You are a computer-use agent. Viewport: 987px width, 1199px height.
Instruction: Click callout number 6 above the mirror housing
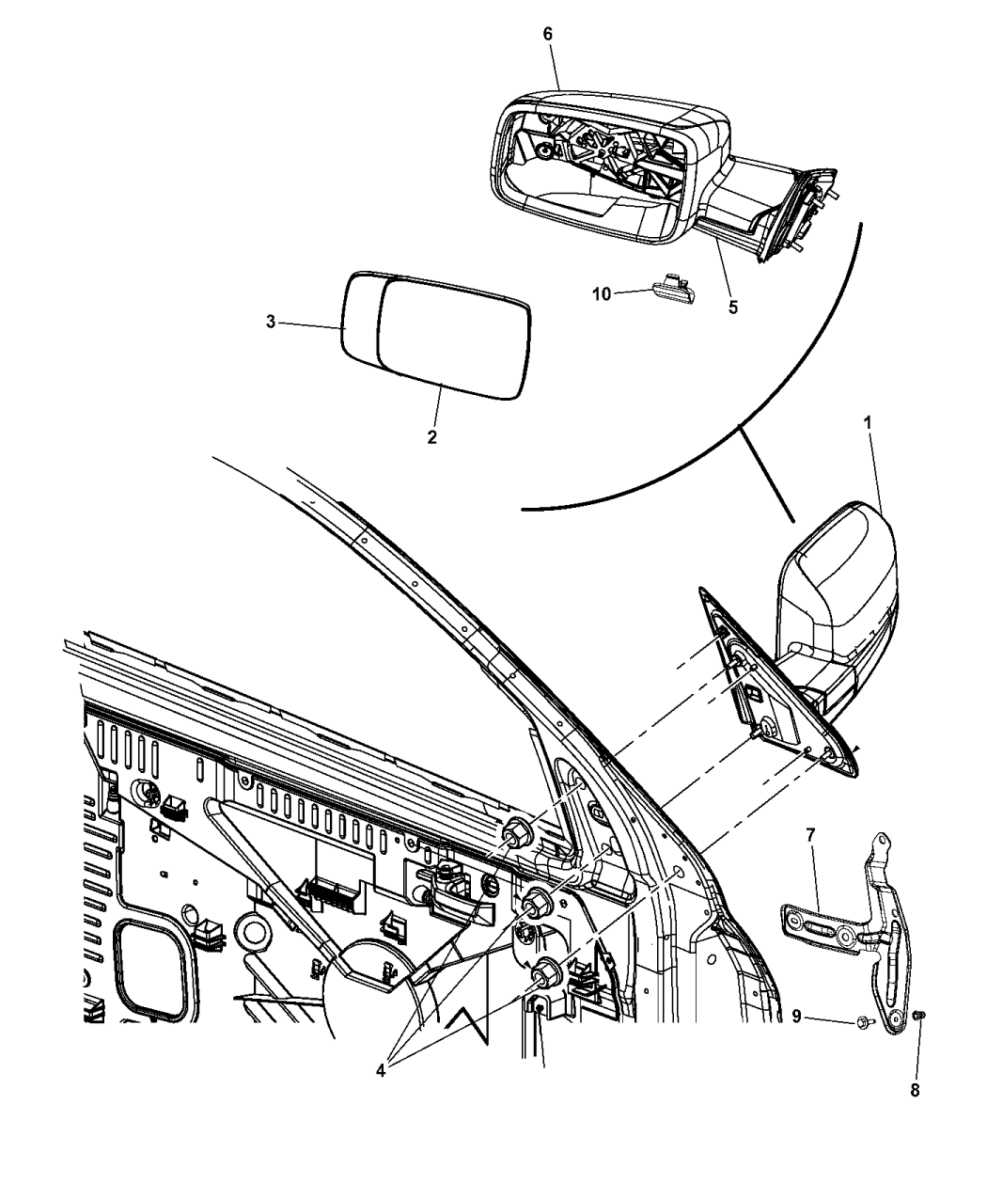(x=547, y=35)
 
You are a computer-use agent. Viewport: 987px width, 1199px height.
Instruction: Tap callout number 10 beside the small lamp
(x=602, y=294)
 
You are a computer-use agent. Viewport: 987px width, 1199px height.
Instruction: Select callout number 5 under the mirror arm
(x=732, y=308)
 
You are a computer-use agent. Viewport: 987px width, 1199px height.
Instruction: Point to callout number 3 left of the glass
(x=271, y=322)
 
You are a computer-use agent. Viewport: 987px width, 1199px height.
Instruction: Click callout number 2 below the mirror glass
(x=431, y=437)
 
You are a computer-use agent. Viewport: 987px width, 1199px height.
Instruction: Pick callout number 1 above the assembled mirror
(x=868, y=423)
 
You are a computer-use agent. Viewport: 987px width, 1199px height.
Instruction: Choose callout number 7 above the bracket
(x=810, y=835)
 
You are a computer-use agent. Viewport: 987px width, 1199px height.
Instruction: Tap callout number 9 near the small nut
(x=796, y=1017)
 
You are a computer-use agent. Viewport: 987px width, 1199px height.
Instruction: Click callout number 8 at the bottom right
(x=915, y=1091)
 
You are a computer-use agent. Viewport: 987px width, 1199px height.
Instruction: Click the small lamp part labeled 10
(x=674, y=288)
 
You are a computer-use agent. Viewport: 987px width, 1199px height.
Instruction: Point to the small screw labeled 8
(x=918, y=1016)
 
